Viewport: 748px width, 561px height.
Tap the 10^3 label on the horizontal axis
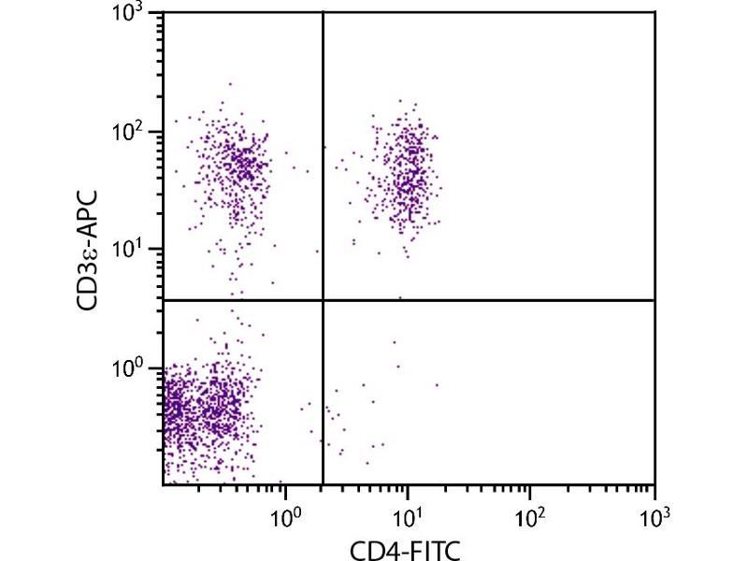tap(654, 515)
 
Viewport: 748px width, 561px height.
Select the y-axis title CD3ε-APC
tap(92, 250)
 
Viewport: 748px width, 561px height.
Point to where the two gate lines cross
tap(323, 300)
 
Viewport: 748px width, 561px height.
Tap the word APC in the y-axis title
tap(92, 216)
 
